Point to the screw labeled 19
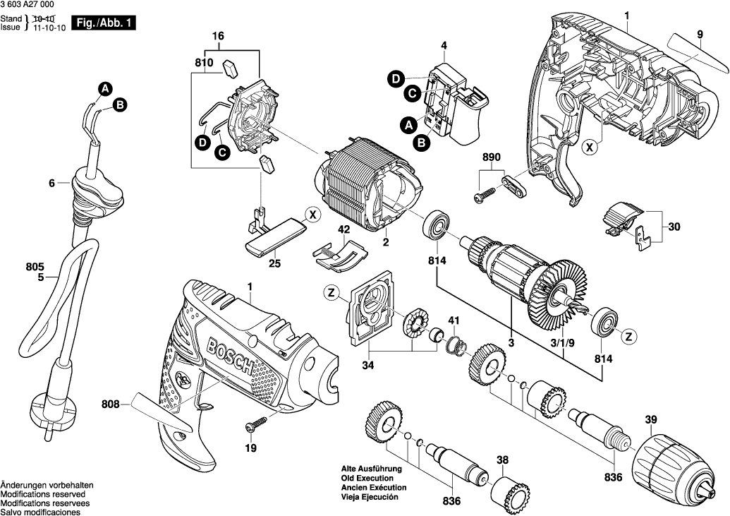click(256, 426)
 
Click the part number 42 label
click(343, 229)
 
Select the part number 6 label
click(51, 184)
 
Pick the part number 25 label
click(275, 263)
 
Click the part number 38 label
click(502, 461)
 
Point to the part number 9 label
click(700, 34)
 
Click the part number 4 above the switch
click(444, 47)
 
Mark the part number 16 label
click(217, 35)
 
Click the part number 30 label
click(674, 227)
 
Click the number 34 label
click(367, 365)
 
